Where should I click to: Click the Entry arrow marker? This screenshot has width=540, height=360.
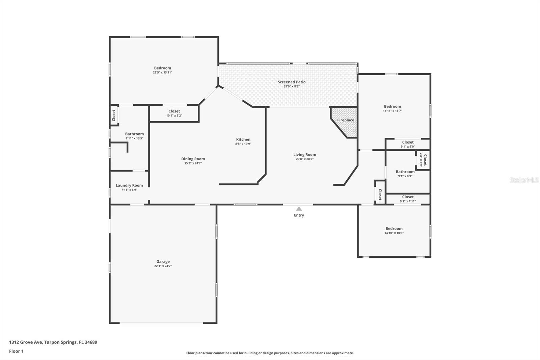tap(299, 209)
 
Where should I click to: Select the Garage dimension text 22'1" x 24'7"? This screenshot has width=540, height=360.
tap(163, 266)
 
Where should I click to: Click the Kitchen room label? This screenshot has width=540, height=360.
tap(243, 139)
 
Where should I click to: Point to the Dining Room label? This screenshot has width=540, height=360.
tap(193, 159)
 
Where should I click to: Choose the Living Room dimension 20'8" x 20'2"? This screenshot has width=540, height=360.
tap(304, 159)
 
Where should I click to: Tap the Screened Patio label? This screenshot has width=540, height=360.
tap(292, 82)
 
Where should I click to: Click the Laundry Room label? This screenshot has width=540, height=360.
tap(129, 185)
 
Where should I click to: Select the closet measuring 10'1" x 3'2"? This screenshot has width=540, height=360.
tap(174, 113)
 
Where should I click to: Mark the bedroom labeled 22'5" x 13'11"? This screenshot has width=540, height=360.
tap(163, 70)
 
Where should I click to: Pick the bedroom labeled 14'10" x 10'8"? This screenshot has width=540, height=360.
tap(394, 230)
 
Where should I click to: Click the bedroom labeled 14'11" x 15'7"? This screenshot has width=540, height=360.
tap(392, 108)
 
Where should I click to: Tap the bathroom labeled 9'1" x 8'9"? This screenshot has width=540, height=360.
tap(405, 174)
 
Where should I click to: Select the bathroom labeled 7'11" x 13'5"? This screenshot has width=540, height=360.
tap(134, 136)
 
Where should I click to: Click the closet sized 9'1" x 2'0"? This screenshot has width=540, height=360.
tap(408, 144)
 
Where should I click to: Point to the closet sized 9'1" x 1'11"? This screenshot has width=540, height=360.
tap(408, 199)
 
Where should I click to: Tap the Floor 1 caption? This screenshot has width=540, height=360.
tap(16, 351)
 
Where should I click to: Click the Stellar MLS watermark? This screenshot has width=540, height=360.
tap(524, 180)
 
